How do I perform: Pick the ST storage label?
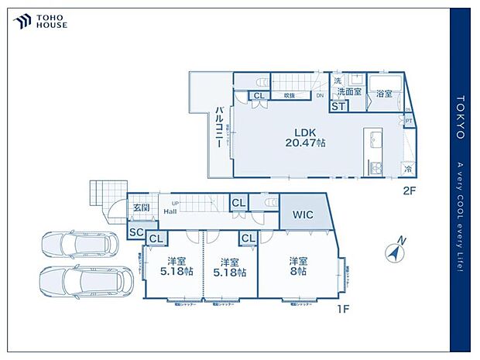pyautogui.click(x=338, y=107)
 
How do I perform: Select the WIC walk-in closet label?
pyautogui.click(x=303, y=214)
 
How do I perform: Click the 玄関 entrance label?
pyautogui.click(x=140, y=207)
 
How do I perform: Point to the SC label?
pyautogui.click(x=136, y=231)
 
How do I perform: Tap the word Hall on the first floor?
pyautogui.click(x=170, y=211)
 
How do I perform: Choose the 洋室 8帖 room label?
pyautogui.click(x=298, y=266)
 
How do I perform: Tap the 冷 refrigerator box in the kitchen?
pyautogui.click(x=407, y=169)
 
